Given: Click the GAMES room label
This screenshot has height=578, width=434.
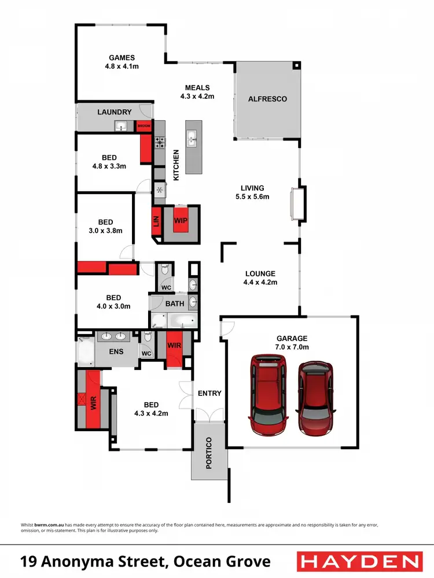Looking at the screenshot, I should [122, 58].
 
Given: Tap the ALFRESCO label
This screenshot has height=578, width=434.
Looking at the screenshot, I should [267, 99].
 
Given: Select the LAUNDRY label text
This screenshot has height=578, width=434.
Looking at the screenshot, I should [115, 112].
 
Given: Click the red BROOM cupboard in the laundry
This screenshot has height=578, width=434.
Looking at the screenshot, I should [143, 125].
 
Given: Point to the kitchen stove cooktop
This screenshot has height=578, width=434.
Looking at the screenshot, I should [160, 142].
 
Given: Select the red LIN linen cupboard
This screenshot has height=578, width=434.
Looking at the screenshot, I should [155, 221].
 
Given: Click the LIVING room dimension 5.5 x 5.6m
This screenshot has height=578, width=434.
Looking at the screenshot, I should [253, 197].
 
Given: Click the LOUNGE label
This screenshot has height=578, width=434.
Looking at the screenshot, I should [260, 274].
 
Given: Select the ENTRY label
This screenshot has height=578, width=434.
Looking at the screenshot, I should [209, 393].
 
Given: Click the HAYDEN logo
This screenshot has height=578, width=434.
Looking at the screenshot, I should [358, 561].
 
